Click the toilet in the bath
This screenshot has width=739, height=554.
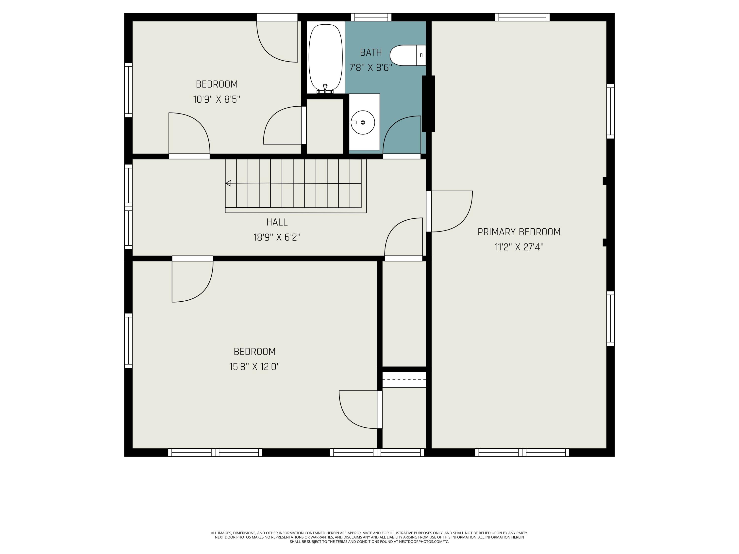(408, 55)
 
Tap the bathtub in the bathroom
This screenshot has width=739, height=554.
(325, 57)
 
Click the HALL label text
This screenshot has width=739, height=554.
(277, 222)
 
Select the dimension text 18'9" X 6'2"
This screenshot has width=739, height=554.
(277, 237)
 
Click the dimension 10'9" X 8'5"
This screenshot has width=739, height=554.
(217, 99)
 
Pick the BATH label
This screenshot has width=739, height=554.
(371, 52)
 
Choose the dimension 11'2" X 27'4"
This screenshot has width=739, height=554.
(519, 247)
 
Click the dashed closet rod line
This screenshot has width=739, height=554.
(404, 380)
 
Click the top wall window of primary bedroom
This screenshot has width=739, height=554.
(522, 17)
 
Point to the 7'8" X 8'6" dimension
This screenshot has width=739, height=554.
(371, 68)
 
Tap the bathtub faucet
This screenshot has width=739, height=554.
(325, 89)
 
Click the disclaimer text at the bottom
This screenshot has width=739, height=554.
(369, 537)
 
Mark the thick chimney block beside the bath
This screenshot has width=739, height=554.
(429, 103)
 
